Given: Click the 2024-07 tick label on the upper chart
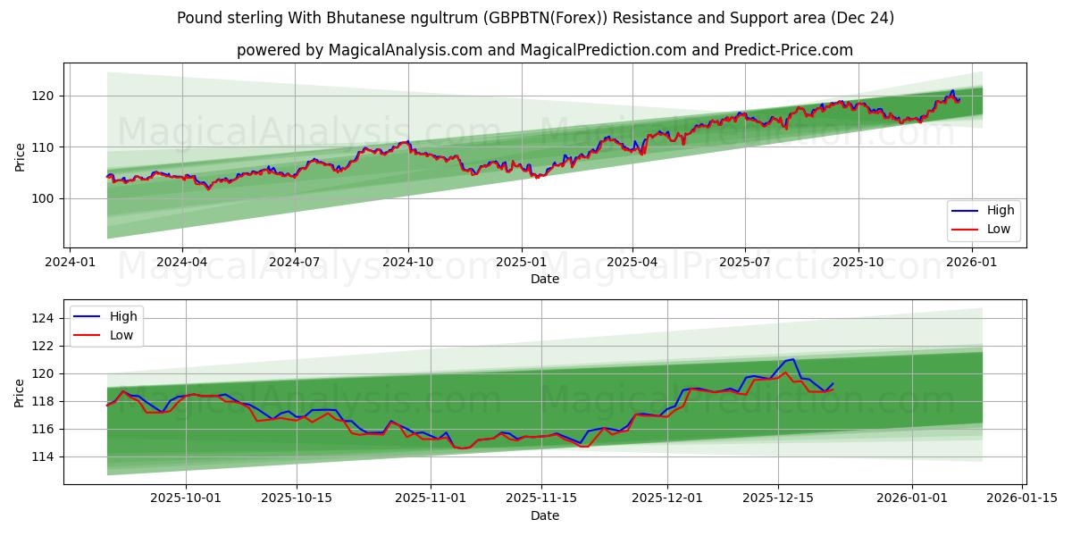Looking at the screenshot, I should tap(295, 263).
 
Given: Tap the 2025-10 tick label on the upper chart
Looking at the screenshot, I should tap(858, 263).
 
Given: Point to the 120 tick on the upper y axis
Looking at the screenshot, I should tap(45, 96).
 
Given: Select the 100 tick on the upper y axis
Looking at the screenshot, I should tap(45, 198).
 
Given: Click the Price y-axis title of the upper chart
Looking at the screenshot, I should tap(20, 156).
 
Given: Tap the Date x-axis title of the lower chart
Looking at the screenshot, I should tap(544, 515).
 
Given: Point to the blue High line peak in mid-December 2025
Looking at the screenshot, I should tap(792, 359).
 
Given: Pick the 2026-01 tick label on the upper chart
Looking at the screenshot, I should tap(971, 263).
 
